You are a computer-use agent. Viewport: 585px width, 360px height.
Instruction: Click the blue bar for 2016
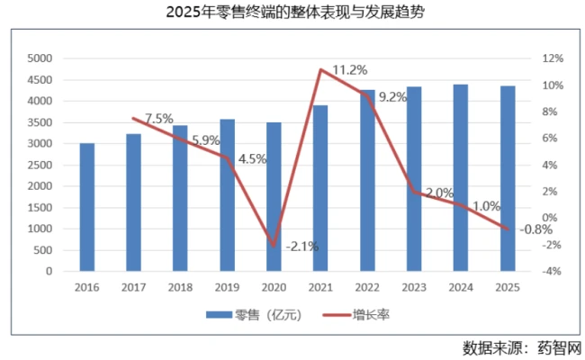(86, 207)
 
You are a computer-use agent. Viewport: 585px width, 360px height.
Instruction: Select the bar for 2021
(320, 188)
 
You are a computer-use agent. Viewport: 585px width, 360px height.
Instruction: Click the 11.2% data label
(347, 69)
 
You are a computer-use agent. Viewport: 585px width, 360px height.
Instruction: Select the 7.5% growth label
(158, 118)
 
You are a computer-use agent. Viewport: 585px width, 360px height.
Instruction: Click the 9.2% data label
(392, 97)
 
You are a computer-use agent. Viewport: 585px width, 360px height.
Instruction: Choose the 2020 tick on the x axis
(273, 286)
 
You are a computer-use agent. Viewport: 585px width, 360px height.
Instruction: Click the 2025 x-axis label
(508, 286)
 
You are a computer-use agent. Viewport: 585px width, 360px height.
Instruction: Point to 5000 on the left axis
(41, 58)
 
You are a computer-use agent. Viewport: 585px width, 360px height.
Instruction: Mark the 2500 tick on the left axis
(41, 165)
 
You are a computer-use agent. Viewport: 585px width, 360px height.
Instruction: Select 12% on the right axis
(551, 58)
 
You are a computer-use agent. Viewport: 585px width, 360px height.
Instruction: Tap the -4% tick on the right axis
(551, 271)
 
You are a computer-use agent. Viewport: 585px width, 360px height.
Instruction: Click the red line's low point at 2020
(274, 244)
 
